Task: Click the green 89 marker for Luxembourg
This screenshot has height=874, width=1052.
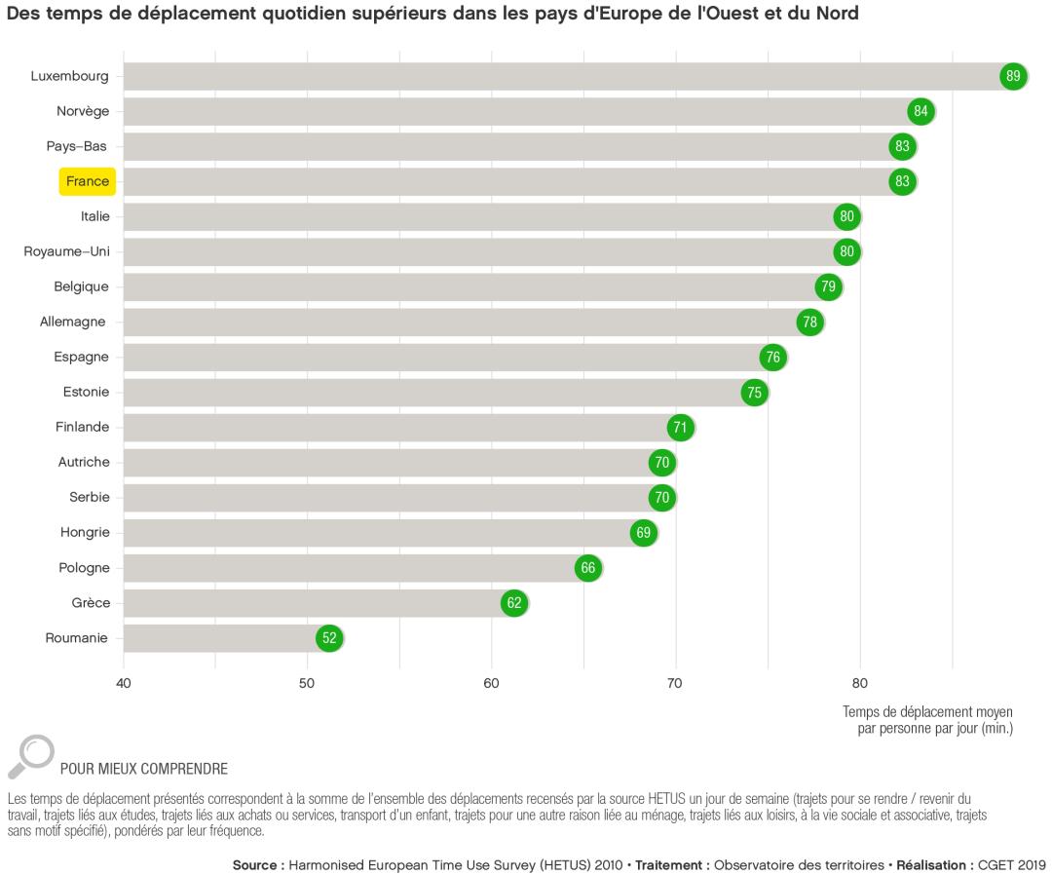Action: (1013, 77)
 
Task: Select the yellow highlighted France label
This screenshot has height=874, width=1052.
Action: (88, 181)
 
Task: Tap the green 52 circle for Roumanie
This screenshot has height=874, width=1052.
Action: (329, 638)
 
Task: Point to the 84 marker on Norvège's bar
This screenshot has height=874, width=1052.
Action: (920, 112)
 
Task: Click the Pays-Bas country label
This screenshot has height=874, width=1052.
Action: (76, 146)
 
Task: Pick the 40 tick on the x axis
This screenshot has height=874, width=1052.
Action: (123, 682)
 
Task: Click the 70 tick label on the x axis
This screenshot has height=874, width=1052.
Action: (674, 682)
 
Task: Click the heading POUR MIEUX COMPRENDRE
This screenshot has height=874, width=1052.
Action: (144, 769)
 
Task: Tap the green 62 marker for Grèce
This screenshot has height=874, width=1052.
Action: (514, 603)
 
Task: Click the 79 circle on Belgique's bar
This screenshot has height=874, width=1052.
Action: (828, 287)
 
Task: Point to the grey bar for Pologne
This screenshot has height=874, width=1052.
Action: (351, 568)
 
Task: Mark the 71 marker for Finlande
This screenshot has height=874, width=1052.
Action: (680, 428)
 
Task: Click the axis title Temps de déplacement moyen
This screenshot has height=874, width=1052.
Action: (926, 711)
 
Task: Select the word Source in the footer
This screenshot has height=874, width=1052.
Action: (257, 864)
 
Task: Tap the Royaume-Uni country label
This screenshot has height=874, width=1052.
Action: (66, 251)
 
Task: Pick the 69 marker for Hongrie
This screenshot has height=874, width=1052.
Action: (643, 533)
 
